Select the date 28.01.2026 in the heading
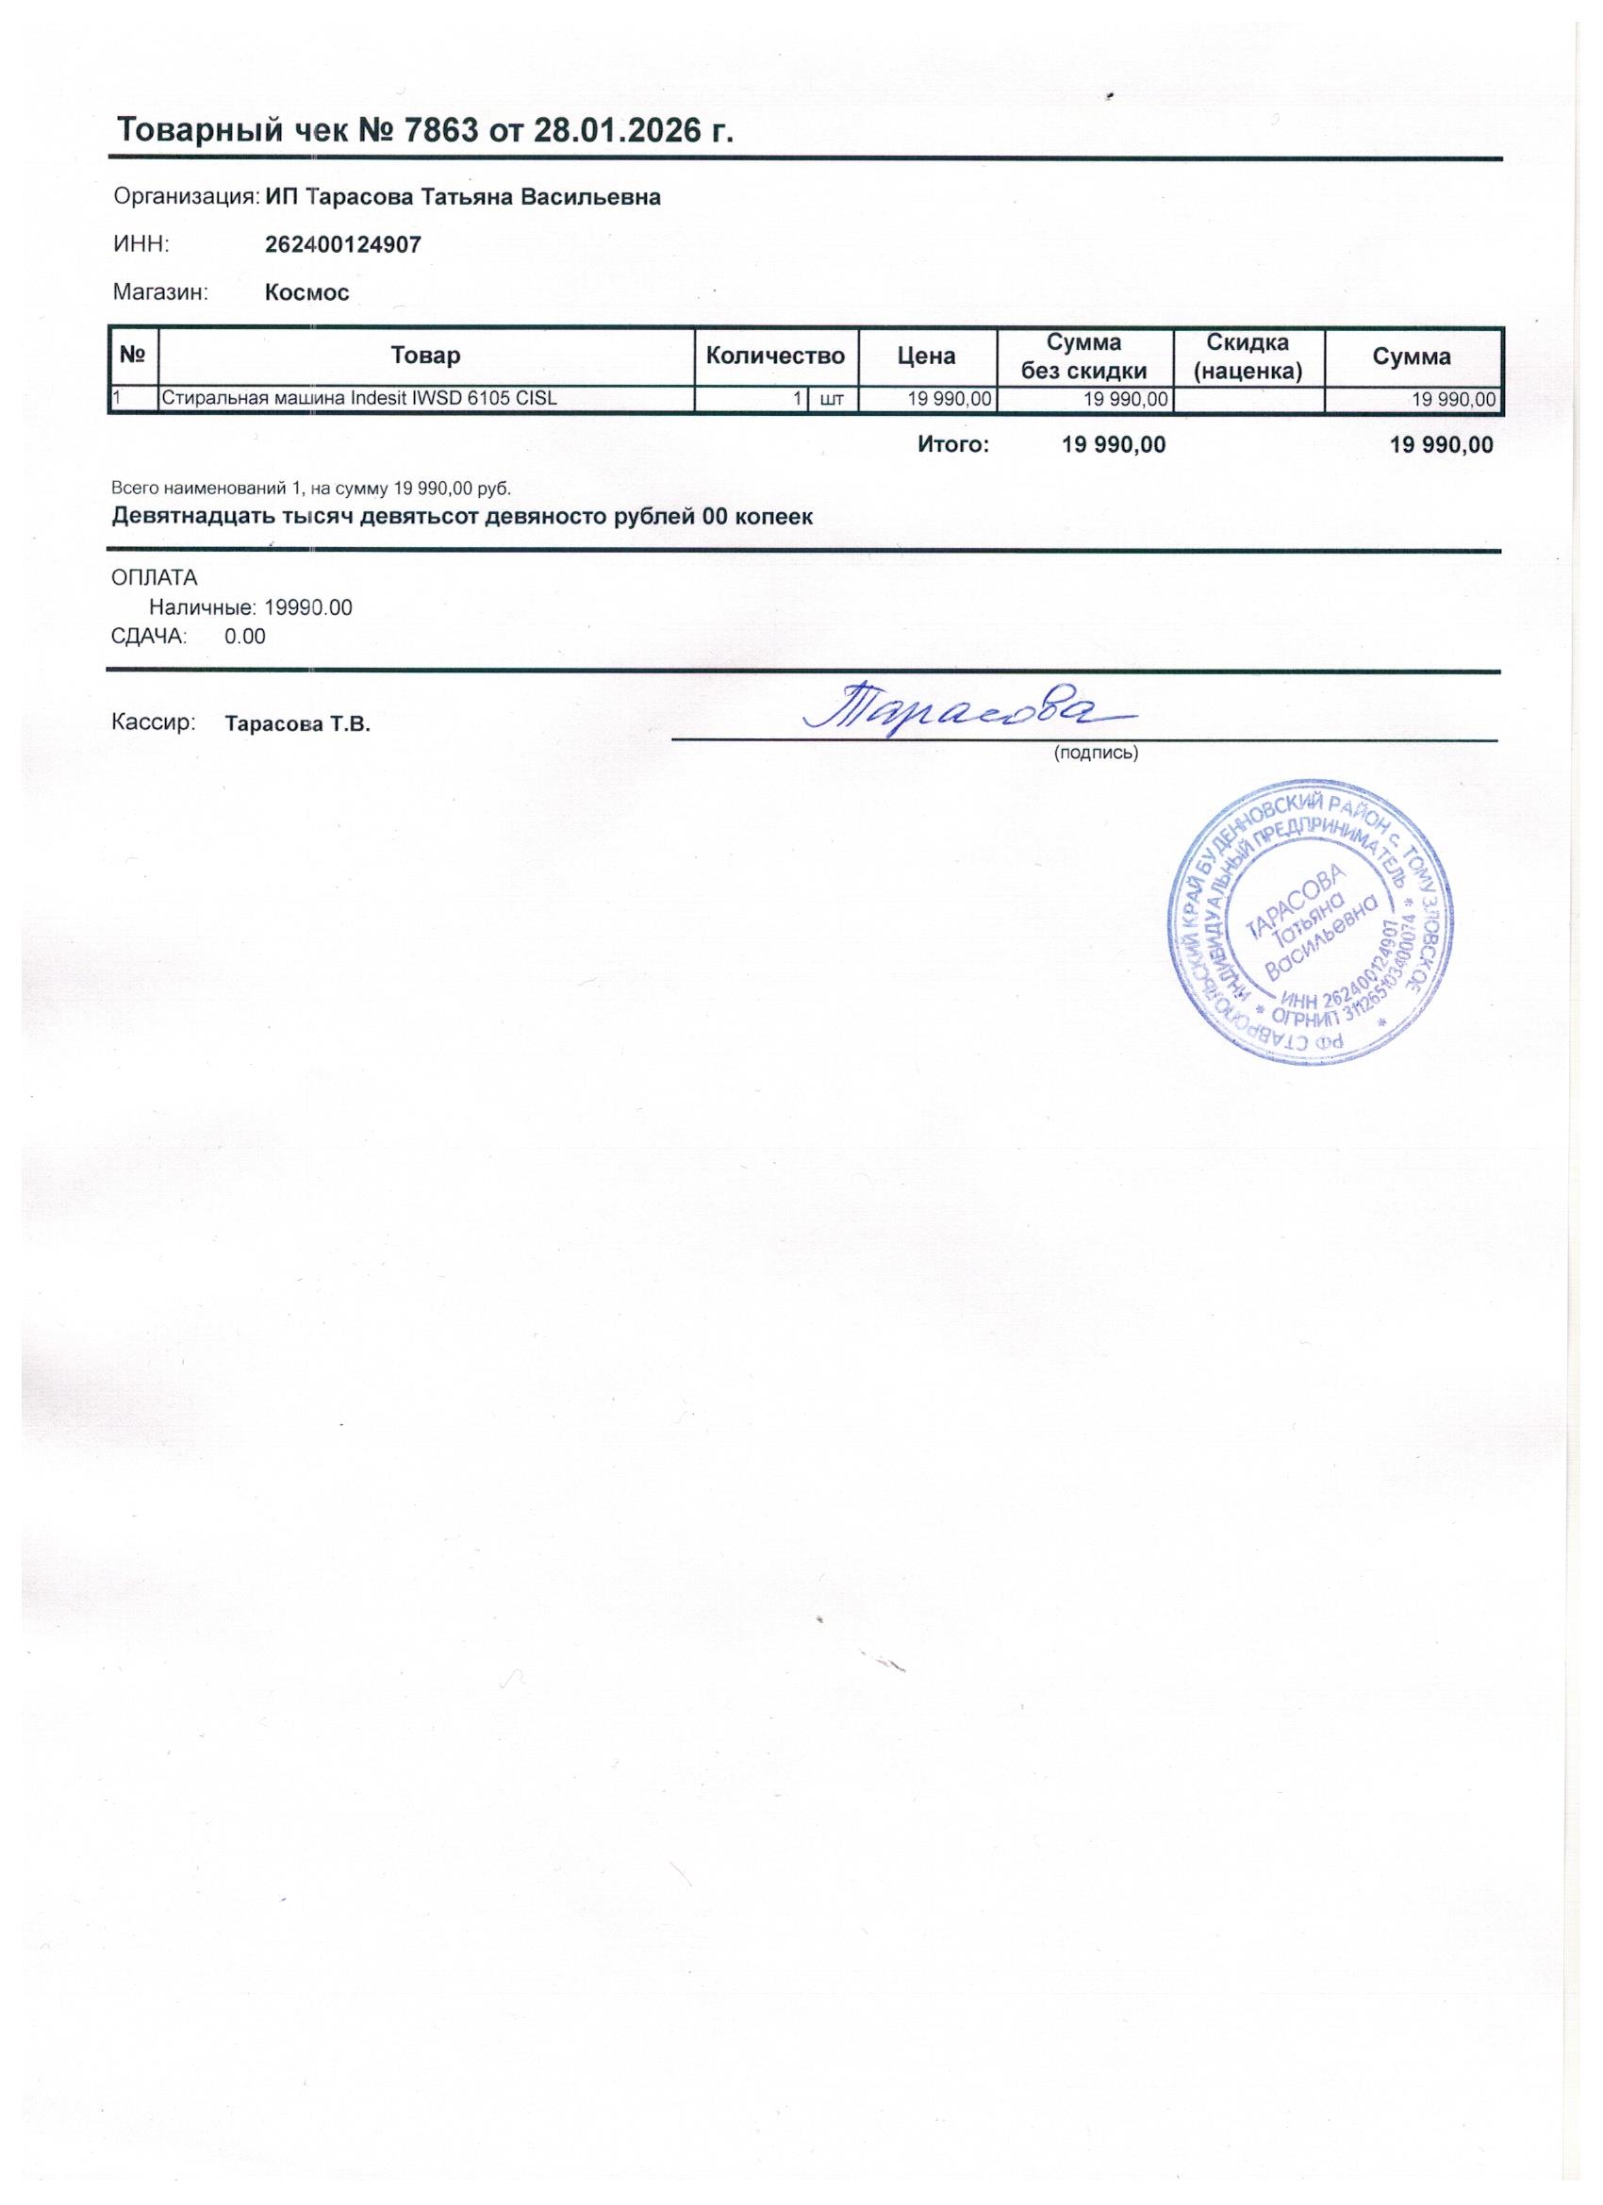(618, 130)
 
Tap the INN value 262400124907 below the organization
(343, 244)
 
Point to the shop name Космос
(307, 292)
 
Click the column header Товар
(425, 356)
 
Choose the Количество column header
(775, 356)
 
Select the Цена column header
(925, 356)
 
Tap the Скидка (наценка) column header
(1248, 356)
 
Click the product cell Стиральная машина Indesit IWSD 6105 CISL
(358, 398)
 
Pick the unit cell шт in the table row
(832, 399)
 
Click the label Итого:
(952, 445)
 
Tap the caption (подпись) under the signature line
(1096, 753)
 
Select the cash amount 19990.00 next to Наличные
(308, 608)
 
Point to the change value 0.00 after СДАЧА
(245, 637)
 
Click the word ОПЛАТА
(155, 578)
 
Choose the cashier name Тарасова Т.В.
(297, 724)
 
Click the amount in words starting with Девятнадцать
(462, 516)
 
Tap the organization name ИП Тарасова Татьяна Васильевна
(463, 197)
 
